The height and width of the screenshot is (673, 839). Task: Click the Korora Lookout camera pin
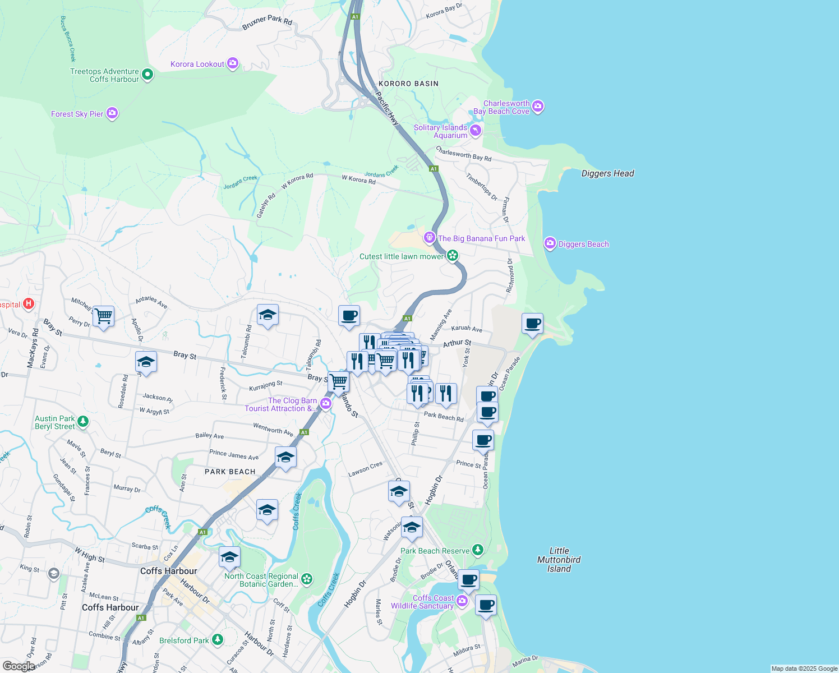(x=233, y=63)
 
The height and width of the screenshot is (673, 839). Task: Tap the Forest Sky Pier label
(x=77, y=114)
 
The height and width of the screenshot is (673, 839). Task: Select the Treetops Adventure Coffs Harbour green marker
(x=147, y=74)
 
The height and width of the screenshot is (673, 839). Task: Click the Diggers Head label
(x=607, y=173)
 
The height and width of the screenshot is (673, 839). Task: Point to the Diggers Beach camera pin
(x=550, y=243)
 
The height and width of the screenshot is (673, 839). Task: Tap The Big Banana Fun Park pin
(x=430, y=237)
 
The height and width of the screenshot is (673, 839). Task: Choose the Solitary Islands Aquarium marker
(x=476, y=131)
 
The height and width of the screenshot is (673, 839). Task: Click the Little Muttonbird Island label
(x=559, y=560)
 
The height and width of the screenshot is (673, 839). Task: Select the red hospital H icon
(x=29, y=304)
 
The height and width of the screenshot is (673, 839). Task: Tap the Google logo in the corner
(x=19, y=666)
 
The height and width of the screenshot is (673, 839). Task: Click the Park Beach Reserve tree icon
(x=477, y=550)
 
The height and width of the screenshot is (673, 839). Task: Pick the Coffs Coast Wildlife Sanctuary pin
(x=462, y=601)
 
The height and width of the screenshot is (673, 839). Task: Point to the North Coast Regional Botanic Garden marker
(x=307, y=579)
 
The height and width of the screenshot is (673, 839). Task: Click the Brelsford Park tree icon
(x=217, y=639)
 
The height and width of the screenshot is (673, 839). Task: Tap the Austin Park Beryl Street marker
(x=83, y=421)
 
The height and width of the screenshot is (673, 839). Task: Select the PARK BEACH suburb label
(x=230, y=472)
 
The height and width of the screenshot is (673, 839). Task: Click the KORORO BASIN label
(x=408, y=84)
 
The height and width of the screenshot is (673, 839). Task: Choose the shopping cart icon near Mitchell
(x=103, y=316)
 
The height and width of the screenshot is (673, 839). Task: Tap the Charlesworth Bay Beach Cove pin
(x=537, y=106)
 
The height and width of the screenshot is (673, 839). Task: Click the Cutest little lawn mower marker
(x=452, y=256)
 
